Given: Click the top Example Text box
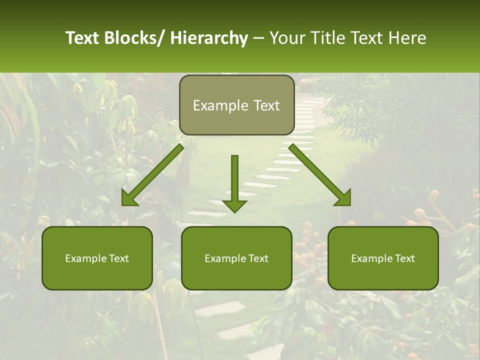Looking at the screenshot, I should (236, 105).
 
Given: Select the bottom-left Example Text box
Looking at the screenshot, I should (97, 258).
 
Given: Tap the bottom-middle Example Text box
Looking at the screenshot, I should (236, 258).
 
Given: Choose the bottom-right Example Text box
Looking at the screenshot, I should (383, 258).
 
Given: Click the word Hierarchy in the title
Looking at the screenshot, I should (209, 38).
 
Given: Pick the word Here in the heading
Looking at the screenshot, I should (407, 38).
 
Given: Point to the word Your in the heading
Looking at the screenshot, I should (287, 38).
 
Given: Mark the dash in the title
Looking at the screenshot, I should (258, 38).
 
